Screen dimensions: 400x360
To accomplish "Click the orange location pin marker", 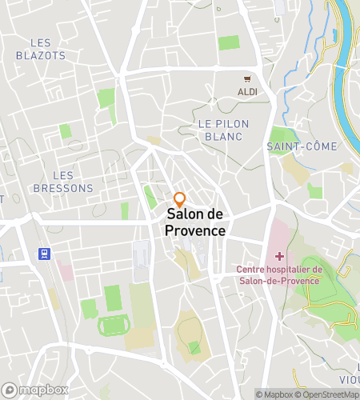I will (x=180, y=199).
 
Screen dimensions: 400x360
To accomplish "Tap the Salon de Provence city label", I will (x=195, y=222).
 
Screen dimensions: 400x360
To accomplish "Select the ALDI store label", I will (x=248, y=92).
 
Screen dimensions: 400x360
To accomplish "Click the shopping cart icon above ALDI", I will (x=248, y=79).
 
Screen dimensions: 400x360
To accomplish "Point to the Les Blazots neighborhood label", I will (x=41, y=49).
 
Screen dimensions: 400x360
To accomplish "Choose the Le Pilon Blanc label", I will (x=223, y=130).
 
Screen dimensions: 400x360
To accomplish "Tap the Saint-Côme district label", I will (x=302, y=146).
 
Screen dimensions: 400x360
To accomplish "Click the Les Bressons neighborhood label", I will (x=63, y=182).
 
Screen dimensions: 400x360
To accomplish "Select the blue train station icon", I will (x=42, y=254).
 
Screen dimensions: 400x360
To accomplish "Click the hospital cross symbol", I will (x=279, y=256).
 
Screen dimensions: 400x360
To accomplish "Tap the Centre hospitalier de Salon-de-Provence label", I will (x=278, y=274).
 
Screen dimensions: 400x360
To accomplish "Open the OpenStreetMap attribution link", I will (x=328, y=394).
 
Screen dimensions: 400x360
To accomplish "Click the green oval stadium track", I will (x=112, y=326).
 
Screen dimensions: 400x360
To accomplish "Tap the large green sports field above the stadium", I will (x=113, y=298).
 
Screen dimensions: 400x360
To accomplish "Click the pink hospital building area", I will (x=275, y=240).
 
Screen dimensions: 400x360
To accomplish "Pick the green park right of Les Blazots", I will (x=105, y=99).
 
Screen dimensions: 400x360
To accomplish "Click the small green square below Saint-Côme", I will (x=315, y=190).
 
